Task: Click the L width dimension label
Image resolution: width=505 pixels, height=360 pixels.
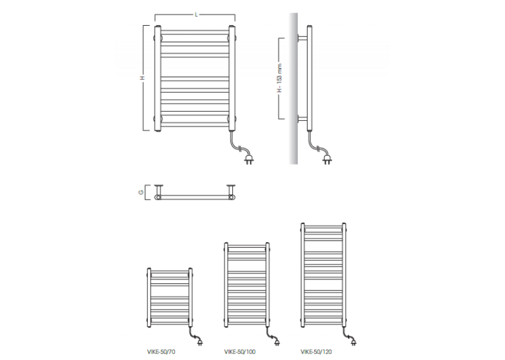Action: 196,15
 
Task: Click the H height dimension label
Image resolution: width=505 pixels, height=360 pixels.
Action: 143,78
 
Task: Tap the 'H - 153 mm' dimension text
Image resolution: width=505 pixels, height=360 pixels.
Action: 279,78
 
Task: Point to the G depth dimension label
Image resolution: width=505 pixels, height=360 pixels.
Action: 141,192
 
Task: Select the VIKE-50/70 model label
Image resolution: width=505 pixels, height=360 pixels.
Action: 161,351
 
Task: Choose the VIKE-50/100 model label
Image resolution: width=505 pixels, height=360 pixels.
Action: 240,351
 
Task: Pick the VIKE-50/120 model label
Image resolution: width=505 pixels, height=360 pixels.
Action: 316,351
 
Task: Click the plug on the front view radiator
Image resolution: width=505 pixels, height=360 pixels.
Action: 249,160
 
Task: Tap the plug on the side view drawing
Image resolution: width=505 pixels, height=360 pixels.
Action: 327,160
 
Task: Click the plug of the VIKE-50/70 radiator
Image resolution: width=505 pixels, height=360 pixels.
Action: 199,342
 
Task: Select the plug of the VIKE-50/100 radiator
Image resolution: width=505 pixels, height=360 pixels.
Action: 277,342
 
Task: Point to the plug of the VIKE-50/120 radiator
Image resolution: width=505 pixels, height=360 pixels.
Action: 353,342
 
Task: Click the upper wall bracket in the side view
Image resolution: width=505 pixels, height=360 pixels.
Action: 302,38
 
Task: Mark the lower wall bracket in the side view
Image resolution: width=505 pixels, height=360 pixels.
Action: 302,119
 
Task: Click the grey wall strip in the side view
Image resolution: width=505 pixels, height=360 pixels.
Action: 293,89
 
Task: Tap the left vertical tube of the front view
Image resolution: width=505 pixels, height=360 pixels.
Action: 158,79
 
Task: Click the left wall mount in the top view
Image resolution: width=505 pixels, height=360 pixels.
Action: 158,192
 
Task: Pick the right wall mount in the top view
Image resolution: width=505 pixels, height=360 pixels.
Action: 231,192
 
